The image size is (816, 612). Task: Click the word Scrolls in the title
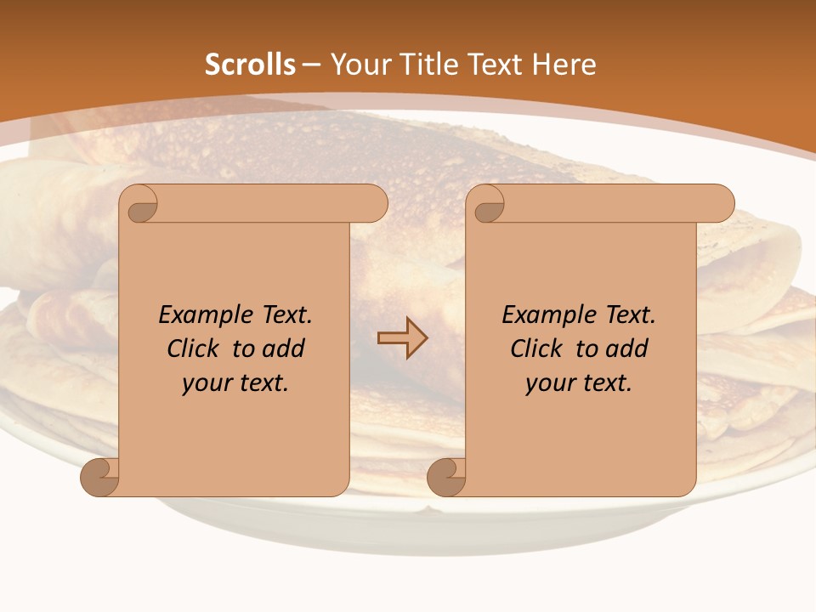pos(250,65)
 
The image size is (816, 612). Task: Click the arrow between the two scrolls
pos(402,338)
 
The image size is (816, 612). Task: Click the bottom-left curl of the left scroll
pos(99,477)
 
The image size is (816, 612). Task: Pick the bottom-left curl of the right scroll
pos(446,477)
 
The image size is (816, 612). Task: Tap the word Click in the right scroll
pos(536,349)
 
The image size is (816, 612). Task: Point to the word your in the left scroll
pos(207,384)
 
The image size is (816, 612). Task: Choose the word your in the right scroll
pos(550,384)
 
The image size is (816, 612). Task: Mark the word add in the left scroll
pos(284,349)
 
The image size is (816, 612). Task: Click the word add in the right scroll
pos(627,349)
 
